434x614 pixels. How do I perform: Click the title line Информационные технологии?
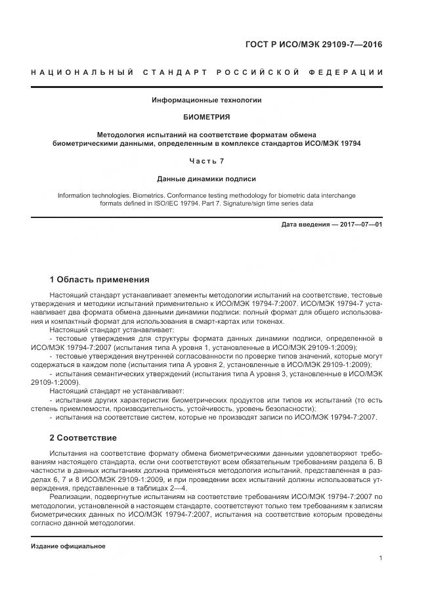(206, 100)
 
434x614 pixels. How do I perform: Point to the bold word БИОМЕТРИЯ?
(206, 117)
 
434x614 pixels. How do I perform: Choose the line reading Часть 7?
(206, 162)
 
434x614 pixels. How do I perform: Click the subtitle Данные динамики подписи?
(206, 179)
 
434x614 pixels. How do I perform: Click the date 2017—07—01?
(360, 225)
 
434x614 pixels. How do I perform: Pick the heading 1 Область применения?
(100, 279)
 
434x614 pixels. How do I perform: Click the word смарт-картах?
(209, 322)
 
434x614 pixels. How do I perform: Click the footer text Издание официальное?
(68, 546)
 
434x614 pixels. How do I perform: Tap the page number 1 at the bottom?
(380, 558)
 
